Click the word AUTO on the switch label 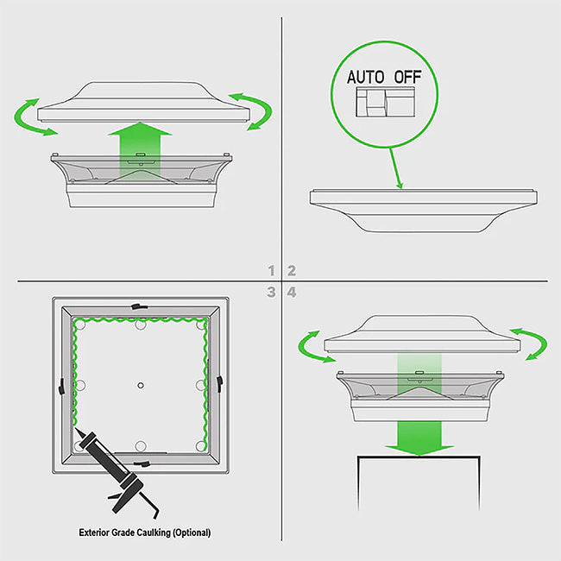click(x=365, y=77)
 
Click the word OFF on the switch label click(x=408, y=77)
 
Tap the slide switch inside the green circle click(x=385, y=102)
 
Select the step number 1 click(x=272, y=270)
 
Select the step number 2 click(x=292, y=270)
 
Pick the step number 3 click(x=271, y=293)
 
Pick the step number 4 click(x=292, y=293)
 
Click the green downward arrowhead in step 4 click(x=419, y=450)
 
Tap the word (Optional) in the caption click(x=192, y=533)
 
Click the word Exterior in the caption click(x=94, y=533)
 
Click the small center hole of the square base click(x=141, y=385)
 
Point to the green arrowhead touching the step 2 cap click(x=400, y=185)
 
